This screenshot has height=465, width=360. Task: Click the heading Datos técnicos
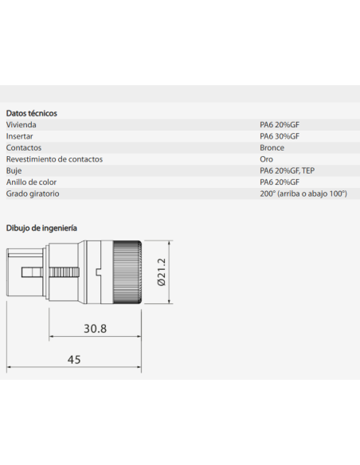point(31,113)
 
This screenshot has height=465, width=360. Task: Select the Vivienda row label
point(21,125)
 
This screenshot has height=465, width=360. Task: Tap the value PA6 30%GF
point(280,136)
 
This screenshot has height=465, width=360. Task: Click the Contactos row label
point(24,147)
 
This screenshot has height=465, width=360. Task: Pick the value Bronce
point(272,147)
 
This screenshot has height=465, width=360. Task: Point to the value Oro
point(266,159)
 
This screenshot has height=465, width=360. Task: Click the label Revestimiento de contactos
point(54,159)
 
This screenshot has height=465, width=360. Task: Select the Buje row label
point(14,171)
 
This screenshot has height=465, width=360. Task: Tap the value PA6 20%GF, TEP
point(287,171)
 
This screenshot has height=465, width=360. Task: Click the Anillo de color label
point(31,182)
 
